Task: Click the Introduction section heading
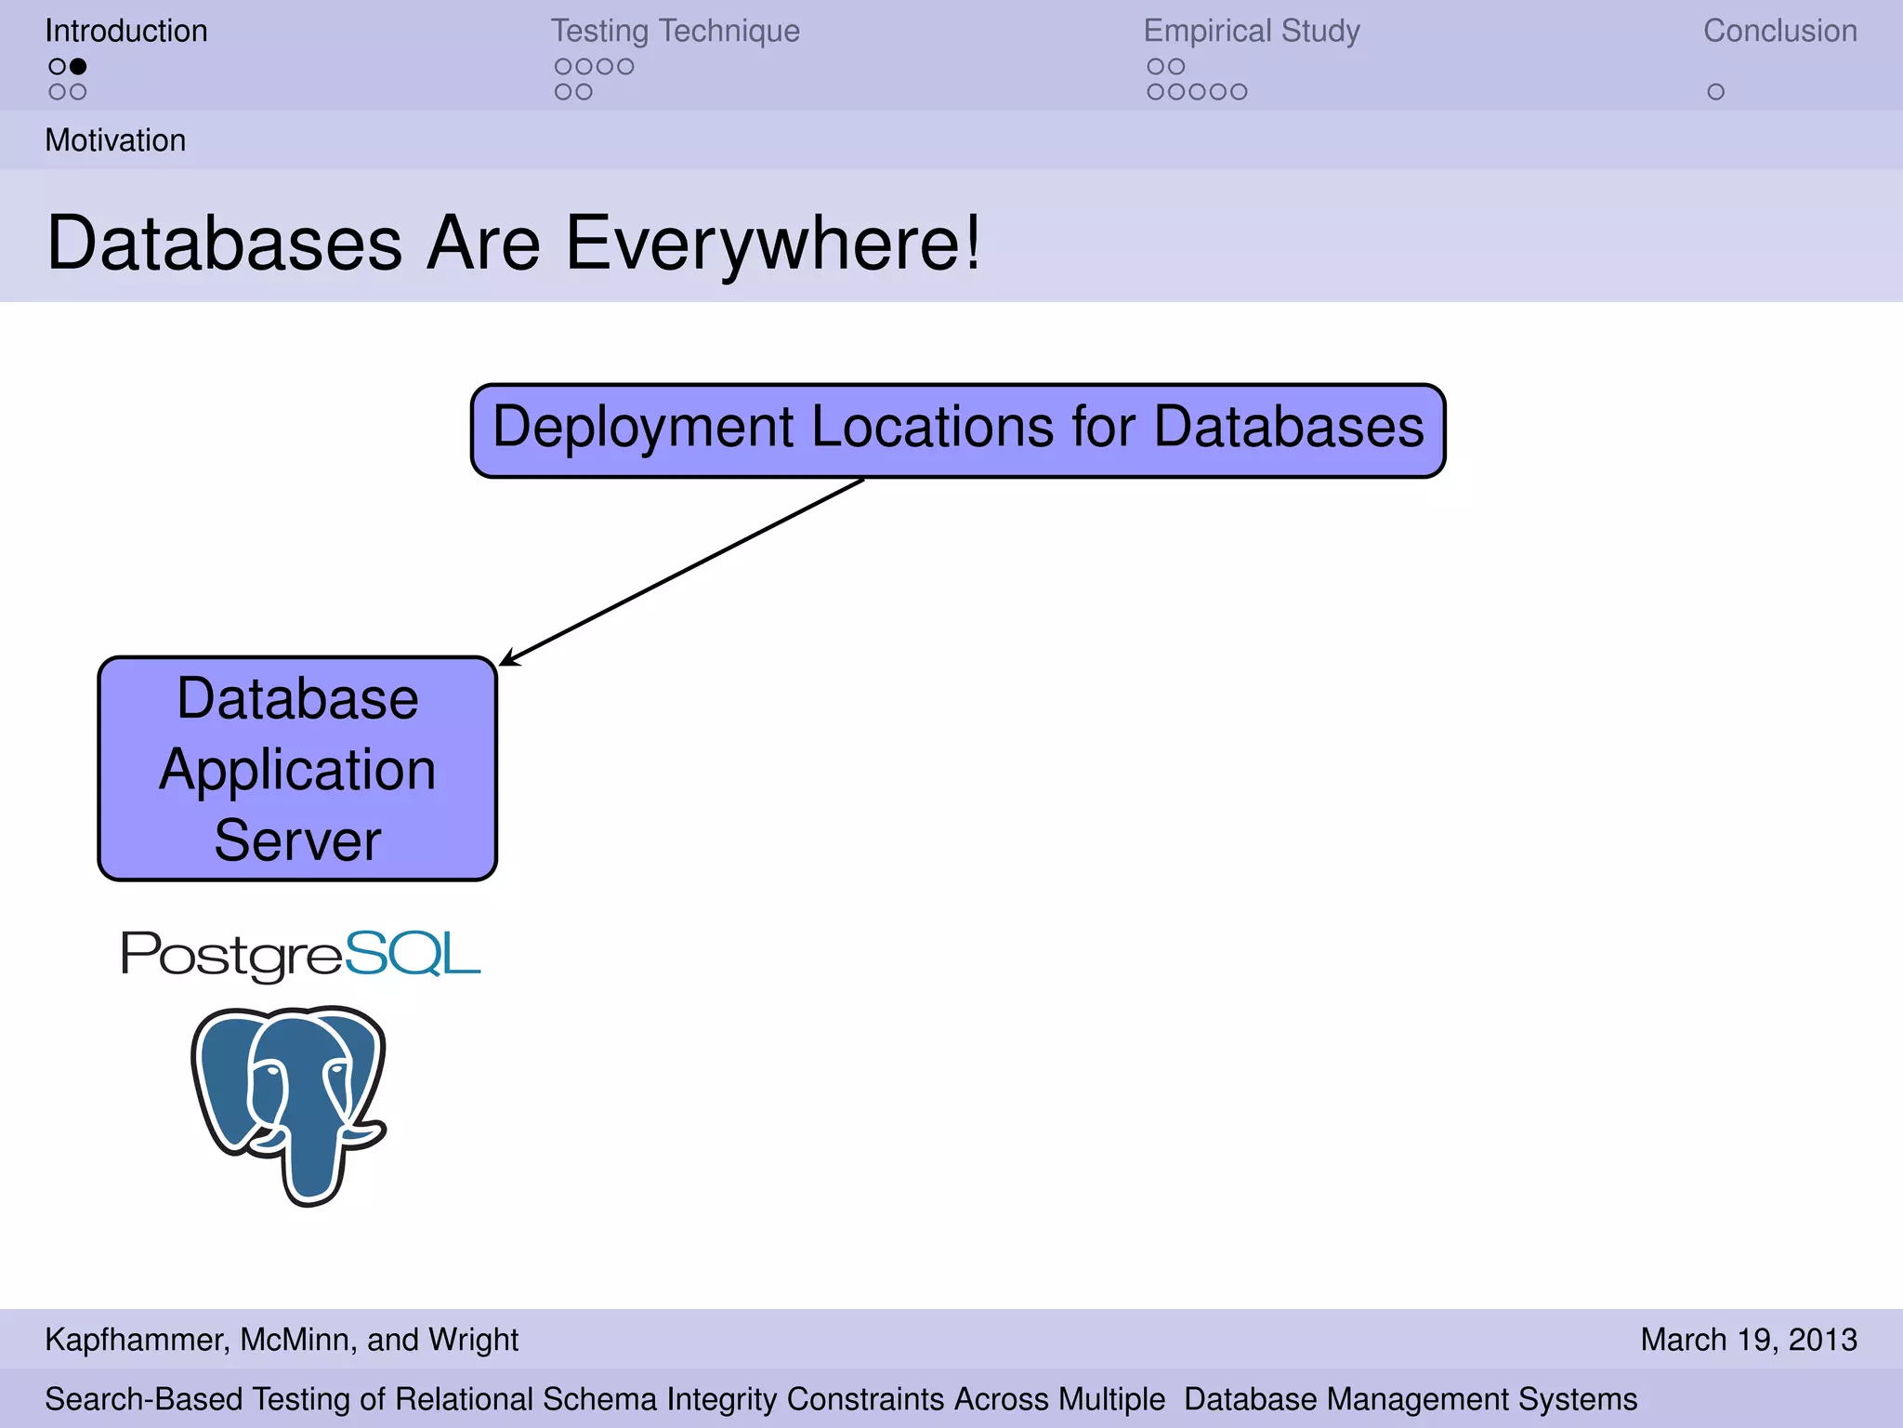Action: click(x=126, y=31)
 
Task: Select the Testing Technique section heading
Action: click(x=675, y=31)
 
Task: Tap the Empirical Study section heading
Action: click(x=1251, y=31)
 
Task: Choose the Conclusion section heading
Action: click(x=1779, y=31)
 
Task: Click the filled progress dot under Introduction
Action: click(x=79, y=66)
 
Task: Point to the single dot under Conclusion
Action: click(x=1715, y=92)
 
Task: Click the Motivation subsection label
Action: click(x=115, y=140)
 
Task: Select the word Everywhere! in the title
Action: click(x=772, y=243)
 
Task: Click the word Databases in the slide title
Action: click(x=224, y=243)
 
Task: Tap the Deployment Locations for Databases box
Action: click(x=957, y=430)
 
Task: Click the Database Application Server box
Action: click(x=297, y=768)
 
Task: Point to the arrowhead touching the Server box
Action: click(x=506, y=661)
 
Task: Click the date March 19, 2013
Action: click(x=1748, y=1339)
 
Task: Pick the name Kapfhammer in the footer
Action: click(x=136, y=1339)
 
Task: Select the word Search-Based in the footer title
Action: click(x=144, y=1398)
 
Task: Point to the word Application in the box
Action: click(x=297, y=771)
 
